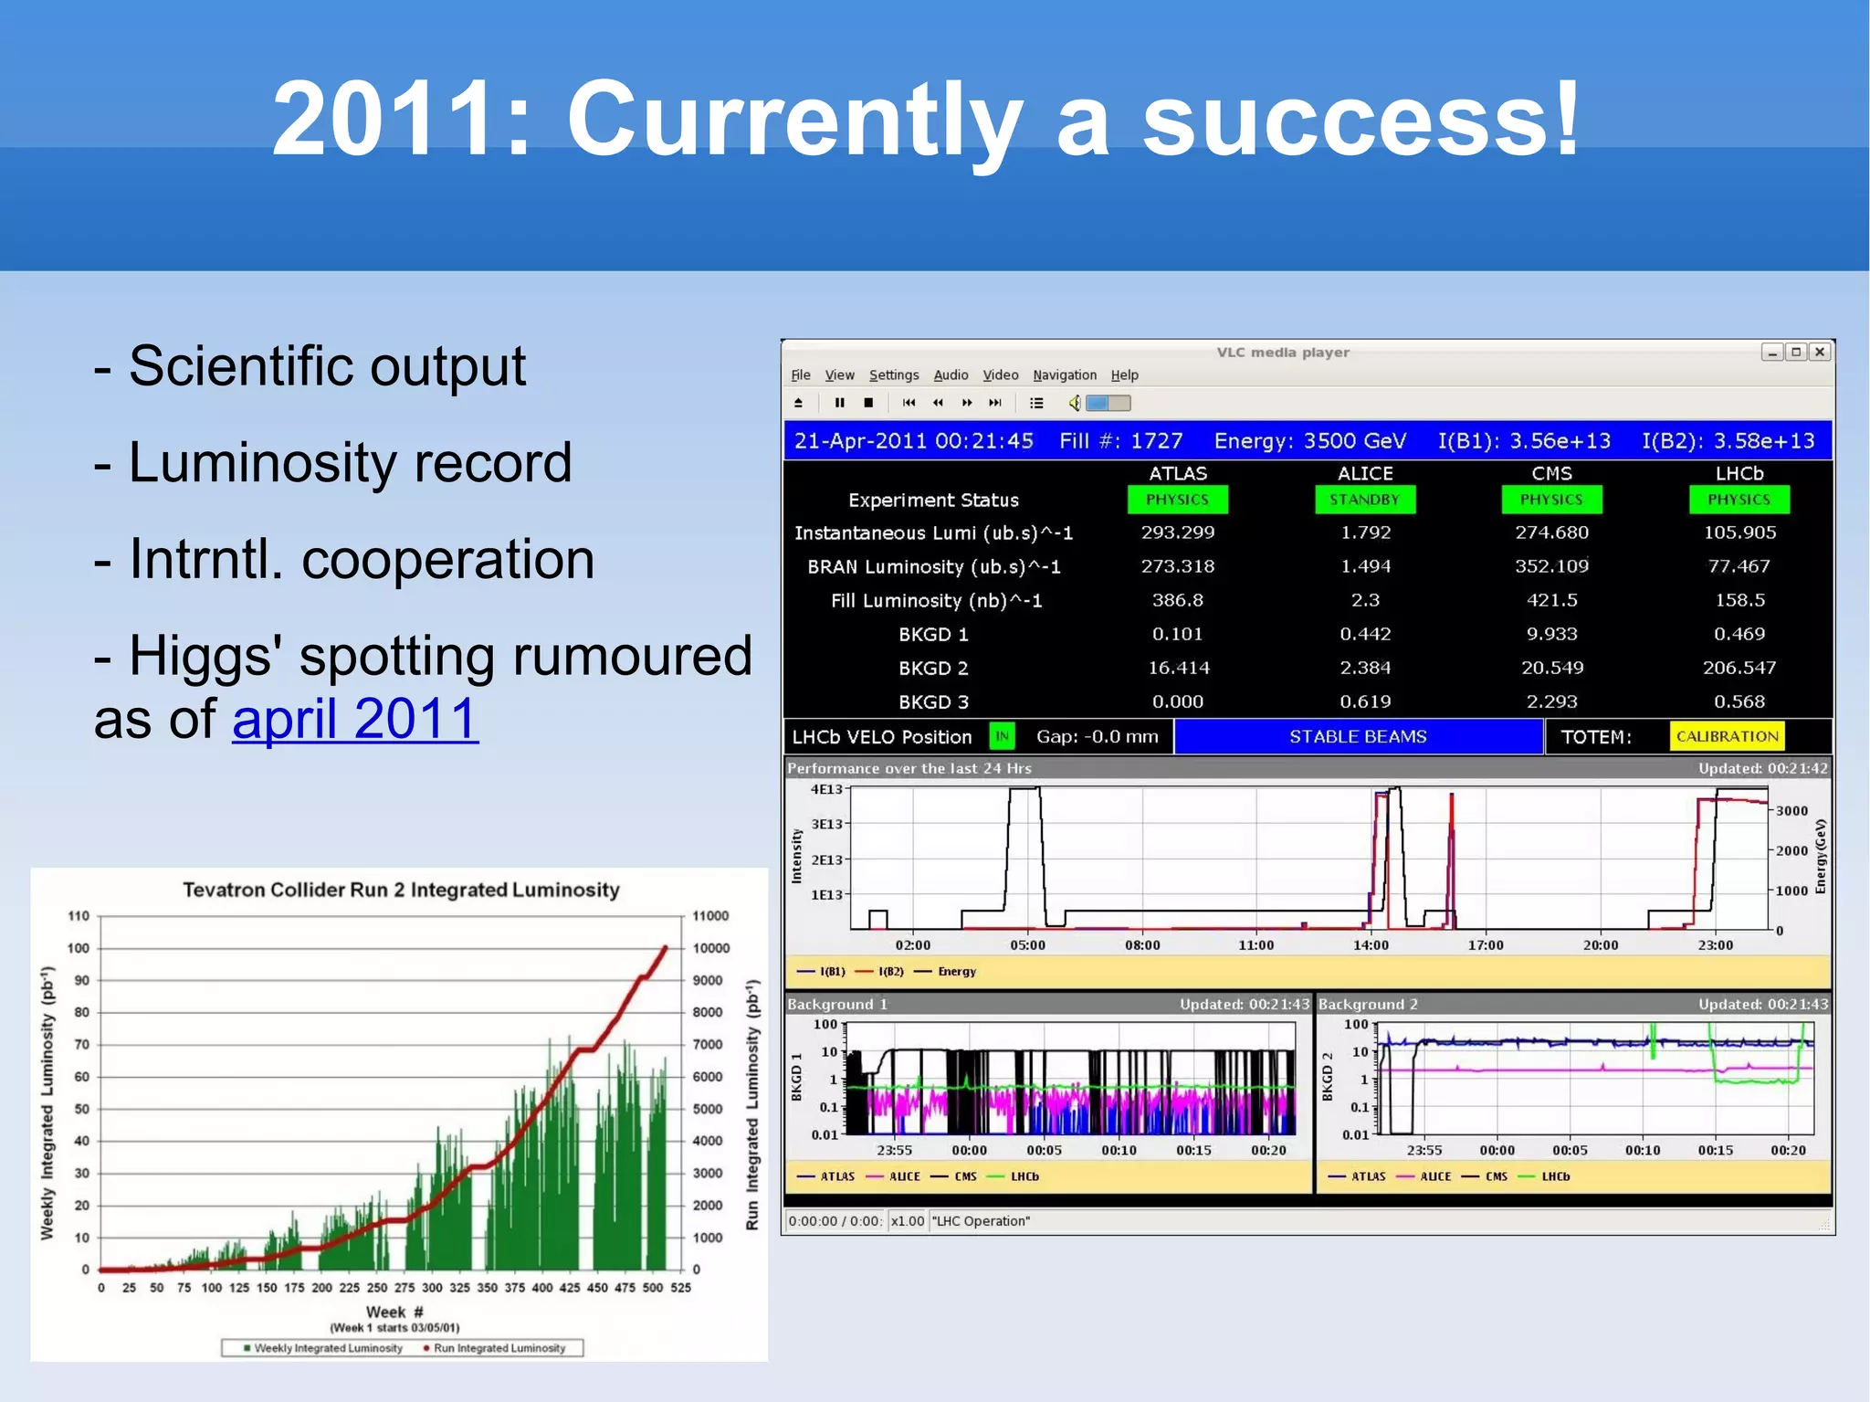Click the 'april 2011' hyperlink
coord(355,719)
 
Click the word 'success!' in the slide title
coord(1360,119)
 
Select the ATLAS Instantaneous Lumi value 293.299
coord(1177,532)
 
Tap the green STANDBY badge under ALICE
coord(1364,500)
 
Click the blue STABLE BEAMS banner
coord(1358,737)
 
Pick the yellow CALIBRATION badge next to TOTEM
coord(1727,736)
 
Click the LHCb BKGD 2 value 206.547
coord(1739,668)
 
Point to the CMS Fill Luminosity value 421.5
coord(1551,600)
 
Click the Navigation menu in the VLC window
coord(1064,375)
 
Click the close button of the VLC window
coord(1820,353)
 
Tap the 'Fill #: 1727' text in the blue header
coord(1120,441)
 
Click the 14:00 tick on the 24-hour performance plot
coord(1371,945)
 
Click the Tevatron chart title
coord(401,890)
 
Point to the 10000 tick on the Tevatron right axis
coord(710,948)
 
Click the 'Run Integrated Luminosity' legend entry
coord(499,1348)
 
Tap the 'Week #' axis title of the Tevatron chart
coord(394,1312)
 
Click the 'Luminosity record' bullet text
coord(350,462)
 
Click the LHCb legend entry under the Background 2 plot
coord(1555,1176)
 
